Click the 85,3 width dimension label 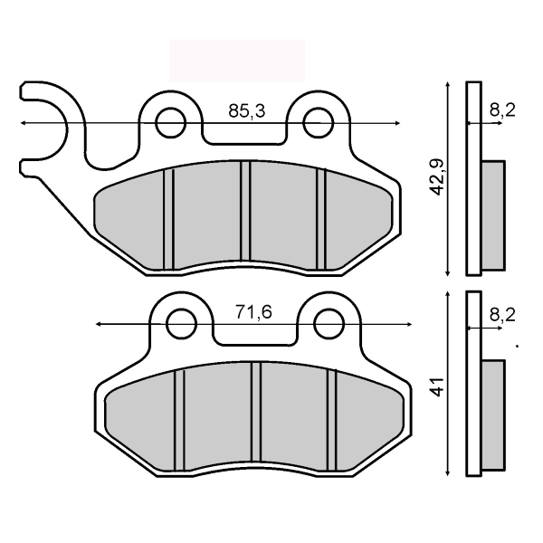[x=246, y=111]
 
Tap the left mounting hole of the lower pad [x=182, y=322]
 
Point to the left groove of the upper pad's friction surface [x=167, y=217]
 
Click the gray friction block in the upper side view [x=492, y=215]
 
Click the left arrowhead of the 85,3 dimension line [x=23, y=121]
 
